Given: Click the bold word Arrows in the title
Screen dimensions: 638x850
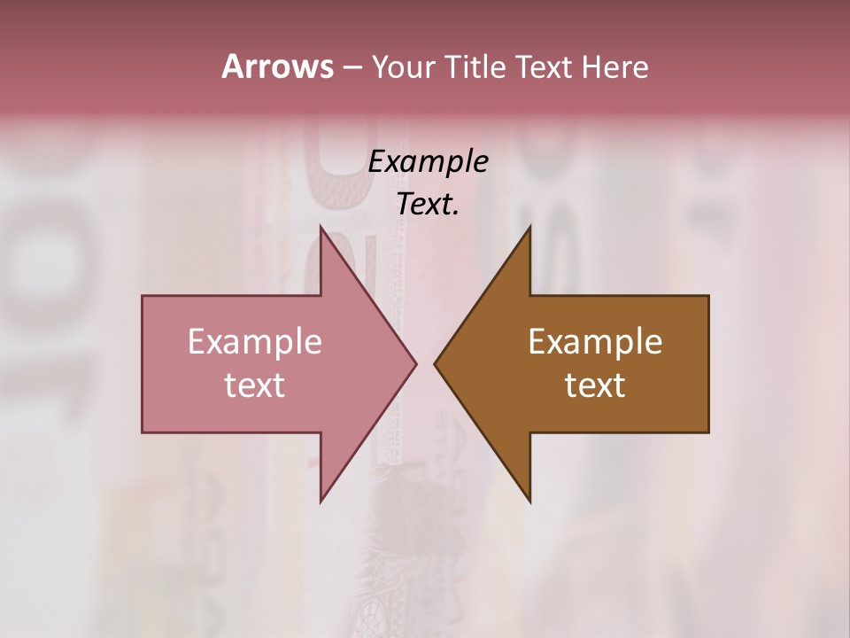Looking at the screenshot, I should tap(277, 66).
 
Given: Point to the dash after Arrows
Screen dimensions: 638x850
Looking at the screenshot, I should tap(351, 68).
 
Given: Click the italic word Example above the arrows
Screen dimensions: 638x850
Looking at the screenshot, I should tap(428, 161).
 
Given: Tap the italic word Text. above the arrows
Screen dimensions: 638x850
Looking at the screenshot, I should tap(426, 205).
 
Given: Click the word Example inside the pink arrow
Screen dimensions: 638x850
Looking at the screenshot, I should tap(254, 342).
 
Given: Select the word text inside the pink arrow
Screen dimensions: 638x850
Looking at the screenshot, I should tap(254, 385).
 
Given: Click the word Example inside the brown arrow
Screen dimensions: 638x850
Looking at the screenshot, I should tap(595, 342).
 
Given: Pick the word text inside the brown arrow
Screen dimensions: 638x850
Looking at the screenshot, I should tap(595, 385).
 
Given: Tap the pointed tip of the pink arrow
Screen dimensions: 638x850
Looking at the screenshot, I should tap(413, 363).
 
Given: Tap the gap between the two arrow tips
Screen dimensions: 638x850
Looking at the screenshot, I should tap(426, 363).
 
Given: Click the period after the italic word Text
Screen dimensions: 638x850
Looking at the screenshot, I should tap(456, 214).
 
